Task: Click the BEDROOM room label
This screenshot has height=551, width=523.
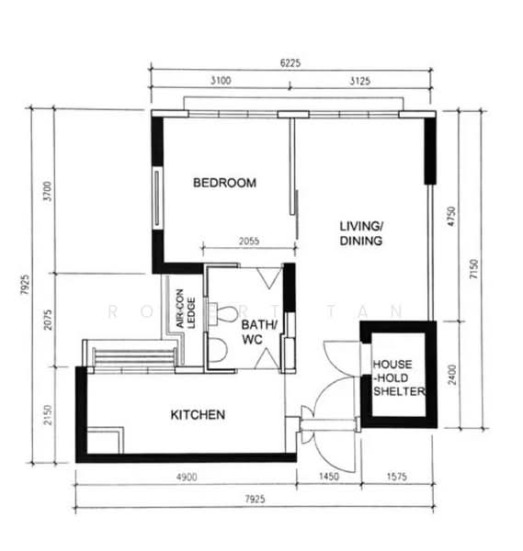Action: (x=225, y=183)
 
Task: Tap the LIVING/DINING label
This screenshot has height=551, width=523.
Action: (x=361, y=233)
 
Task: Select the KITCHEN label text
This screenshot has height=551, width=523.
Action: (x=198, y=415)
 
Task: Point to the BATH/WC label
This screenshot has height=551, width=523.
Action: (x=259, y=332)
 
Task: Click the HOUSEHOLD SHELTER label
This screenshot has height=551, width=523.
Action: (x=399, y=377)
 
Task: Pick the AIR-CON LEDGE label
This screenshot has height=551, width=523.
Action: (x=186, y=309)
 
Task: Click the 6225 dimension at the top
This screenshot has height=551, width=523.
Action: (x=290, y=62)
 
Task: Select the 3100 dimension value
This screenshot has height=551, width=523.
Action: (x=221, y=81)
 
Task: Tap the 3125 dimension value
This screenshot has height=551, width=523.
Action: (x=359, y=81)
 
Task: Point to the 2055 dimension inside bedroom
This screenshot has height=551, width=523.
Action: (x=249, y=241)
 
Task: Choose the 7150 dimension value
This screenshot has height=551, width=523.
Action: (x=473, y=269)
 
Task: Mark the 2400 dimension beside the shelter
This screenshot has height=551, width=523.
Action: (x=452, y=375)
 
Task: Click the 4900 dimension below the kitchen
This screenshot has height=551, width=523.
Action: (x=187, y=477)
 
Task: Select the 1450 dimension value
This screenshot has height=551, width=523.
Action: (x=329, y=477)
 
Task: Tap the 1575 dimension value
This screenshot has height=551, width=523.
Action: (x=397, y=477)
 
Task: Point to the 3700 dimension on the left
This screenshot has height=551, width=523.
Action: (x=47, y=191)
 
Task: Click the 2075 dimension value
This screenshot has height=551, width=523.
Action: (x=48, y=320)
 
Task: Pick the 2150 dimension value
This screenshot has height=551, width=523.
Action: (x=48, y=415)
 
